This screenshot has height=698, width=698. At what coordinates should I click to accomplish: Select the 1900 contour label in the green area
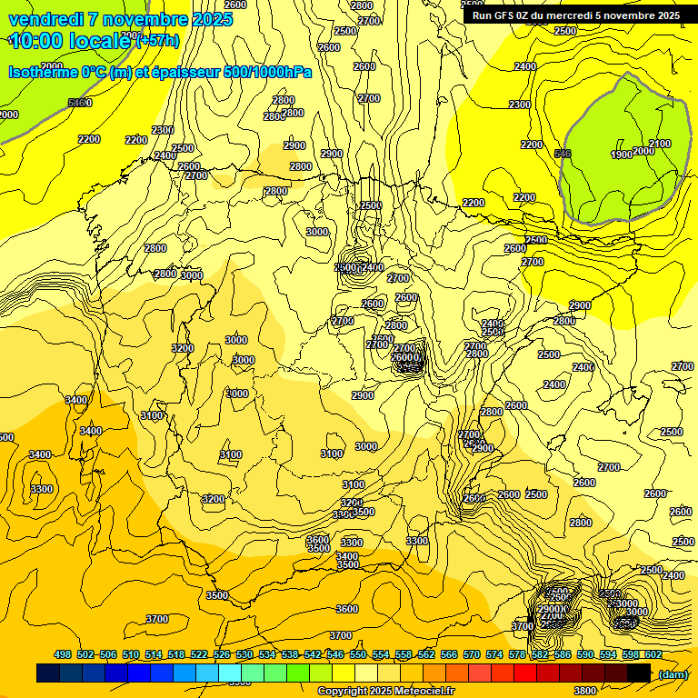pos(622,155)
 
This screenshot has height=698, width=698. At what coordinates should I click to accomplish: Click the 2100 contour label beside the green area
pos(660,144)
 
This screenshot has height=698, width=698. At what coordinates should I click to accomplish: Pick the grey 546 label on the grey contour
pos(563,154)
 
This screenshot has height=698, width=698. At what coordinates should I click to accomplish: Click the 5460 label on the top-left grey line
pos(80,103)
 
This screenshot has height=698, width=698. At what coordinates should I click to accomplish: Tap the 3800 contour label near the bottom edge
pos(586,691)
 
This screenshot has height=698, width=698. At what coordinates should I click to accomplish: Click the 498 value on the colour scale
pos(63,654)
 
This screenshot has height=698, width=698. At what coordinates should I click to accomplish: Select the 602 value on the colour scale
pos(653,654)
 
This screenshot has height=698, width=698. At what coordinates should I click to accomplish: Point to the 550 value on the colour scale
pos(358,654)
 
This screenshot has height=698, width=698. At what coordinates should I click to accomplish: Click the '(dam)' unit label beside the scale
pos(673,673)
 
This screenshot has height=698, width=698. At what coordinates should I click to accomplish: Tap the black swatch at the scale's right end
pos(639,673)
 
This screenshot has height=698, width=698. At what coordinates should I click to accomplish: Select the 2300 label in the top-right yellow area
pos(520,105)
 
